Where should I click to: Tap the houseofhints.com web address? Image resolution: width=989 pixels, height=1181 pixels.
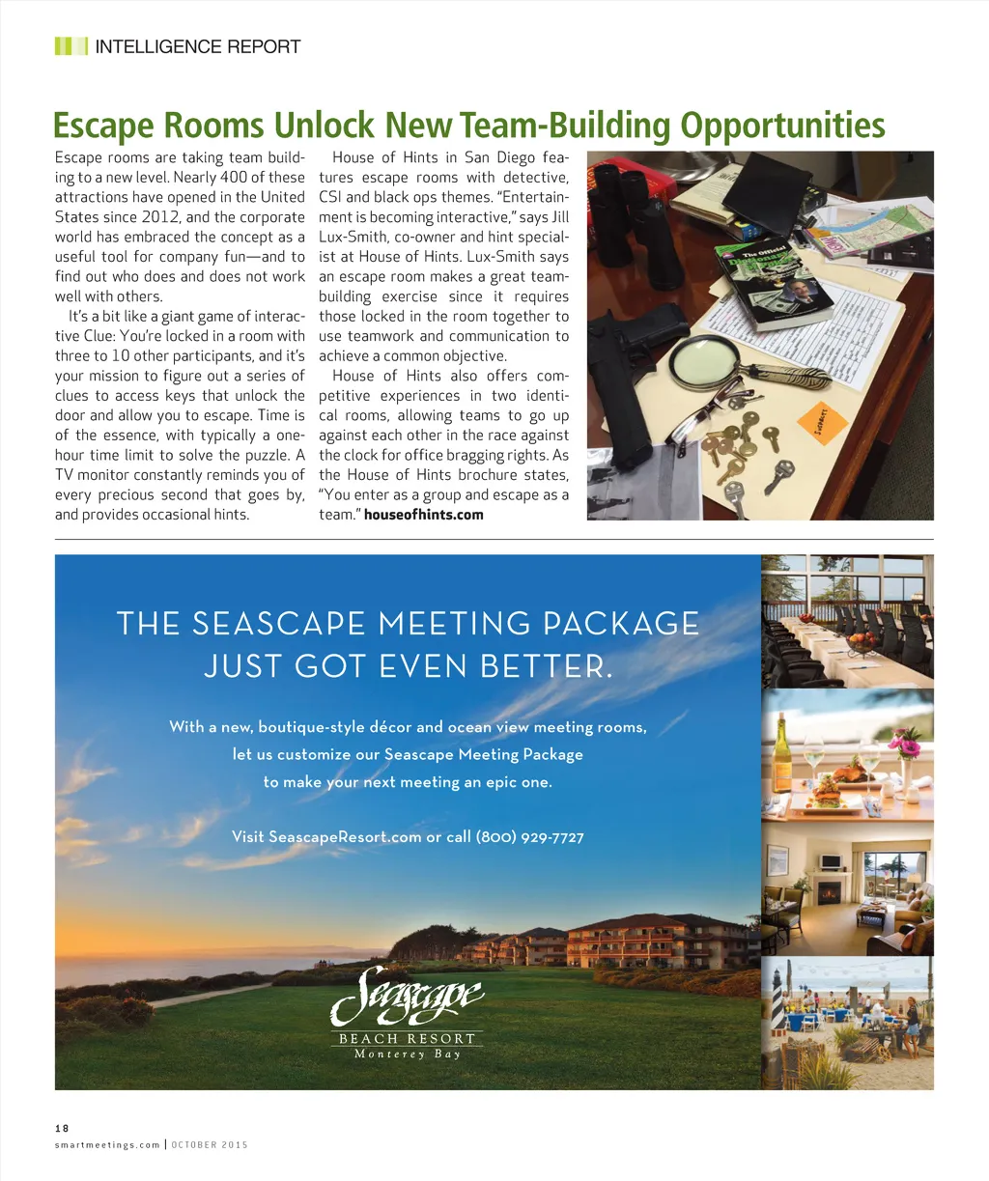[423, 515]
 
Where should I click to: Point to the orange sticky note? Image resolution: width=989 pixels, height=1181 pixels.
[823, 423]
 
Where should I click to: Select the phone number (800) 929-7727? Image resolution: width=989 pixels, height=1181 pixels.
[529, 837]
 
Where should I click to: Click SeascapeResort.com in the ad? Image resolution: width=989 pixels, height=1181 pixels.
[345, 837]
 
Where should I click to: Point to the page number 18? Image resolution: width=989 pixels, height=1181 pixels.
[62, 1128]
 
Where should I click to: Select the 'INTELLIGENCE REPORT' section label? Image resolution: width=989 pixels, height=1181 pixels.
[198, 46]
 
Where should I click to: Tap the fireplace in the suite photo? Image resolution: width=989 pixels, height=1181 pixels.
[829, 892]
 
